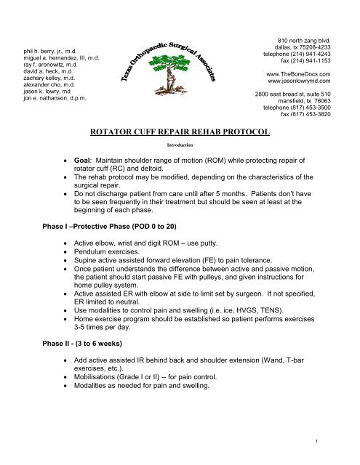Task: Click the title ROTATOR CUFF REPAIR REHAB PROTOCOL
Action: (x=179, y=132)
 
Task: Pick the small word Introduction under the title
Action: (x=179, y=145)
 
